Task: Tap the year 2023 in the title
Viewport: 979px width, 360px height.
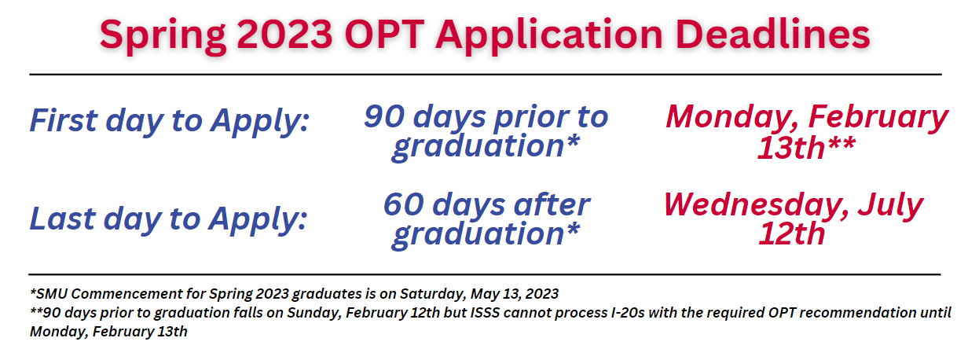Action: (285, 34)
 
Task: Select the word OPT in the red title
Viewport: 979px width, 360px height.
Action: (384, 34)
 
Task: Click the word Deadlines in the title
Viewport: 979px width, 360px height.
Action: (772, 33)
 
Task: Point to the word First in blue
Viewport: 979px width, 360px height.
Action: (64, 119)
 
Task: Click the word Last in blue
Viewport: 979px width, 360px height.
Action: (62, 219)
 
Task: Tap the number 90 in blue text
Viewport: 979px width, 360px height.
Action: (384, 116)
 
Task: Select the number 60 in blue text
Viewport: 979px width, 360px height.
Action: (403, 204)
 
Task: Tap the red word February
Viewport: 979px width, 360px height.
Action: (878, 118)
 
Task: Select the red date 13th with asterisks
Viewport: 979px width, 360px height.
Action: (806, 148)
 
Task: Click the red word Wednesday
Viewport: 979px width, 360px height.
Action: (756, 206)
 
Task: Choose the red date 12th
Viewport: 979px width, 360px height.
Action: (791, 233)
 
